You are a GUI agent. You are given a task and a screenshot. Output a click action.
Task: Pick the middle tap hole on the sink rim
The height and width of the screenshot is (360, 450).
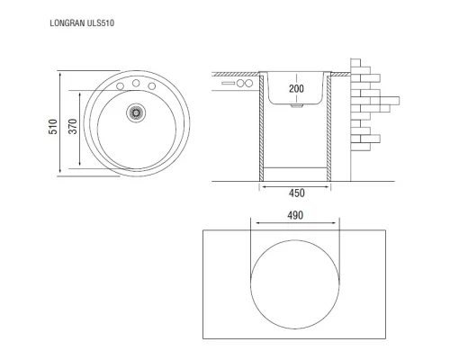136,82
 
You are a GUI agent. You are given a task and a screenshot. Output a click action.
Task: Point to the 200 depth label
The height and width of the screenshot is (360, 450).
296,89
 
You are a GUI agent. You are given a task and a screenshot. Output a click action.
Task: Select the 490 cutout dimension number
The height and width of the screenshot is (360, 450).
295,216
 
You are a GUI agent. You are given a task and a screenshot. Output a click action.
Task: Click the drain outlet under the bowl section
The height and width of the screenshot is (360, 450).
296,106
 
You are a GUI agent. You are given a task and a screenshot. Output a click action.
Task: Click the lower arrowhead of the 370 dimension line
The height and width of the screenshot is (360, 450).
81,166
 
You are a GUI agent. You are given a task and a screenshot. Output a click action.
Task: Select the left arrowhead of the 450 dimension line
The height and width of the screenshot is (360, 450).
261,186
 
